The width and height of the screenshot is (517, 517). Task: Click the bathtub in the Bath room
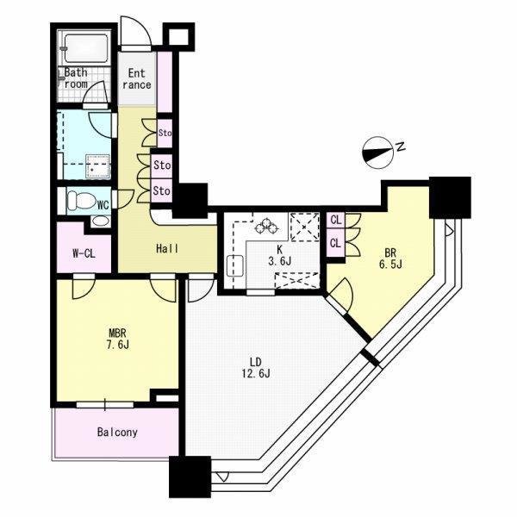click(86, 49)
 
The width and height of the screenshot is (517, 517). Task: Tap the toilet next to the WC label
click(81, 200)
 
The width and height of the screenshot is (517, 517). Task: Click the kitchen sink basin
click(235, 265)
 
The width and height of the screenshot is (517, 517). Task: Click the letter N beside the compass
click(401, 146)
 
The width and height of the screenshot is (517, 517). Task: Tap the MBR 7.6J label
click(117, 339)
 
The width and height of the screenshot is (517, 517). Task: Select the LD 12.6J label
click(256, 368)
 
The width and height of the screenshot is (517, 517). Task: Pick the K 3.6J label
click(280, 256)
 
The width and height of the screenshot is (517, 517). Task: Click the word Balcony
click(117, 433)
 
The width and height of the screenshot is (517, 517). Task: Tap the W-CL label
click(84, 253)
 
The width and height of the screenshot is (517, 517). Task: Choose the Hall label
click(167, 249)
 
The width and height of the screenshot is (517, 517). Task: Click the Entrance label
click(136, 78)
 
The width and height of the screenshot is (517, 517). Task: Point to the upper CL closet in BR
click(335, 220)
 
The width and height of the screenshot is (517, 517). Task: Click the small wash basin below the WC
click(100, 221)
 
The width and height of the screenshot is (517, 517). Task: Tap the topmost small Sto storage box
click(165, 134)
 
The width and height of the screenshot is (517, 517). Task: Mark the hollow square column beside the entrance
click(179, 36)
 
